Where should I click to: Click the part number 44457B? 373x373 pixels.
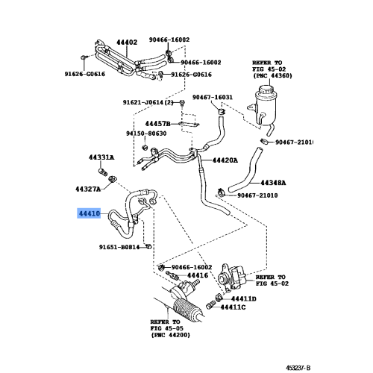point(157,122)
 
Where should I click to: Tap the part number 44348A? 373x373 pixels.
point(277,182)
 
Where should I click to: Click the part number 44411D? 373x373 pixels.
point(242,298)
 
